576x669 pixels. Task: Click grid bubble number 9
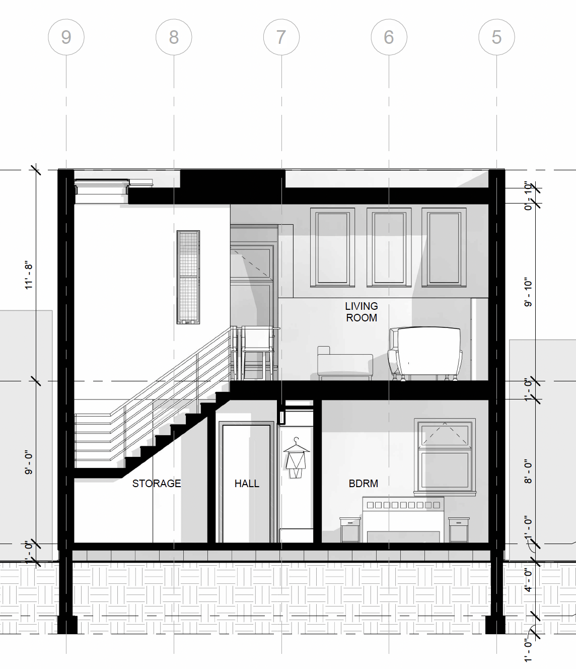click(66, 37)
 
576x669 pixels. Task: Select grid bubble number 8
click(174, 37)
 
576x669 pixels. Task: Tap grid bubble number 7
click(281, 37)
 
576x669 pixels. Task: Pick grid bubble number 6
click(389, 37)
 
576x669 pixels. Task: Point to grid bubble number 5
click(496, 37)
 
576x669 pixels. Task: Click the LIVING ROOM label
click(361, 312)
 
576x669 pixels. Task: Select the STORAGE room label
click(157, 484)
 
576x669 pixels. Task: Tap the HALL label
click(247, 484)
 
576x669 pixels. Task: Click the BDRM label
click(363, 484)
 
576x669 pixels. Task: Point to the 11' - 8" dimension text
click(29, 276)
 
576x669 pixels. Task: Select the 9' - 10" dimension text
click(528, 292)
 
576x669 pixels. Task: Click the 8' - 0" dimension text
click(528, 471)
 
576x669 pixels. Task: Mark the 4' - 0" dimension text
click(528, 580)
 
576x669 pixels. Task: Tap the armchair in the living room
click(425, 354)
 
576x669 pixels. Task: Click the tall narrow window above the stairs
click(188, 277)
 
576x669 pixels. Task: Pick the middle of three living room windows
click(389, 247)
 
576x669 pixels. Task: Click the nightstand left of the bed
click(350, 530)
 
